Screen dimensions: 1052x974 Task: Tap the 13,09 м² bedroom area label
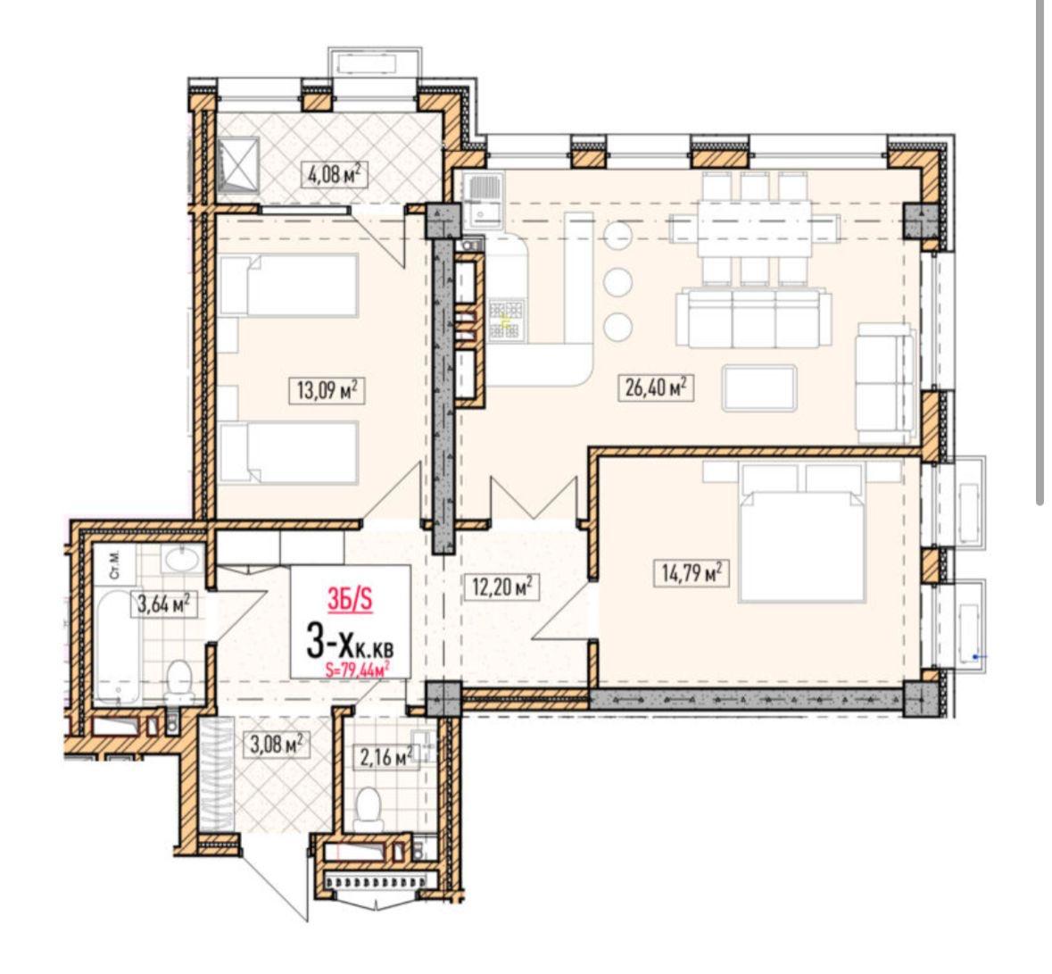pyautogui.click(x=327, y=389)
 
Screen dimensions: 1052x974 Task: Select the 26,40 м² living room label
pyautogui.click(x=654, y=387)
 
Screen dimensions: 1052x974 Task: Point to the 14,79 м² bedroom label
pyautogui.click(x=690, y=574)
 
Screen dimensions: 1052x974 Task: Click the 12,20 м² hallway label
pyautogui.click(x=501, y=587)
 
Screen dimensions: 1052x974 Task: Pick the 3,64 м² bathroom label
pyautogui.click(x=163, y=604)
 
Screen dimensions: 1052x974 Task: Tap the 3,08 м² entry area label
pyautogui.click(x=276, y=745)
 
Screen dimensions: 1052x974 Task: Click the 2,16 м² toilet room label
pyautogui.click(x=385, y=758)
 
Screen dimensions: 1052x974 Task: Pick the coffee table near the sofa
pyautogui.click(x=759, y=387)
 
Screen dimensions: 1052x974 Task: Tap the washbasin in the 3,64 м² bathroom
pyautogui.click(x=179, y=559)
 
